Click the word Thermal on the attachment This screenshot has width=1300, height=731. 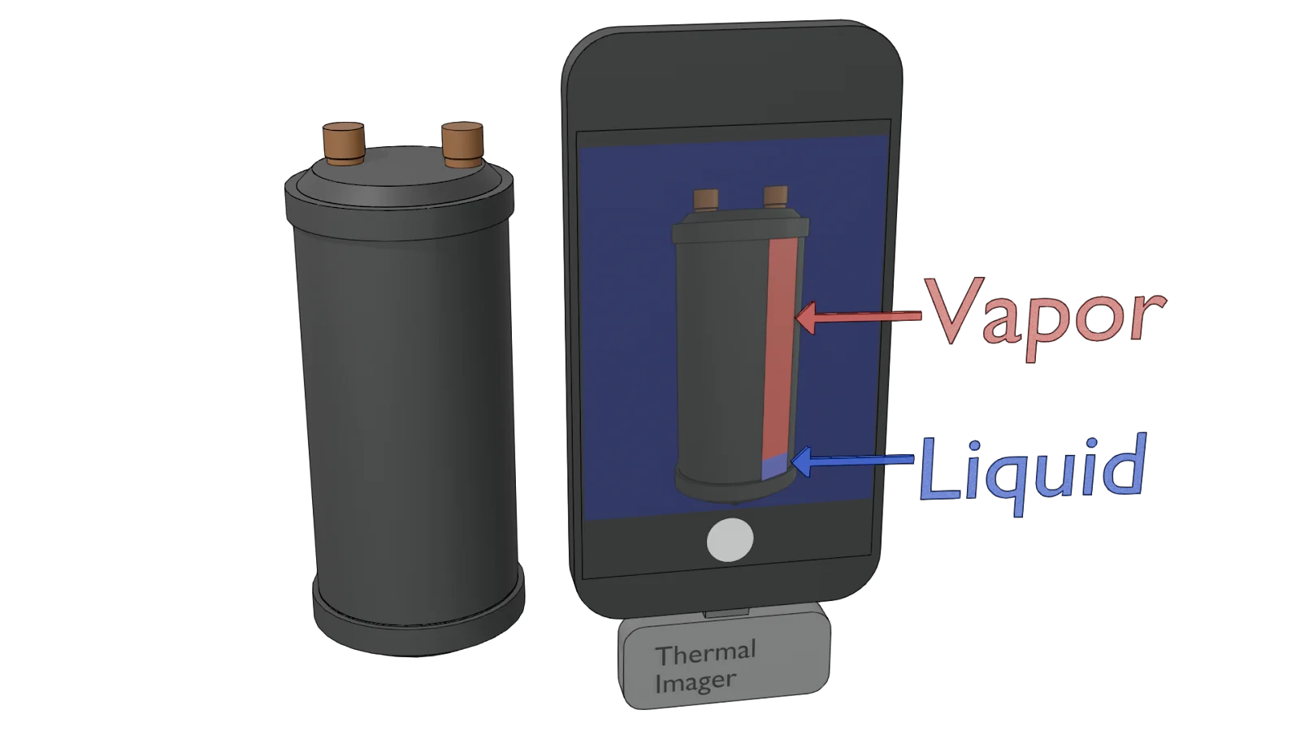click(x=705, y=653)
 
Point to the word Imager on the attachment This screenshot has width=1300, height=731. click(x=695, y=681)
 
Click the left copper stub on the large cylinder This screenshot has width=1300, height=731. click(x=343, y=143)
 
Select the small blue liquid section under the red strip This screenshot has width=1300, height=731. click(x=774, y=468)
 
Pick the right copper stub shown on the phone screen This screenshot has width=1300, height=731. click(x=775, y=197)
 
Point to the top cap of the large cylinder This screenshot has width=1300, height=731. click(x=398, y=183)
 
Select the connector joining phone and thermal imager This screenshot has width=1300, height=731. click(x=726, y=612)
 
